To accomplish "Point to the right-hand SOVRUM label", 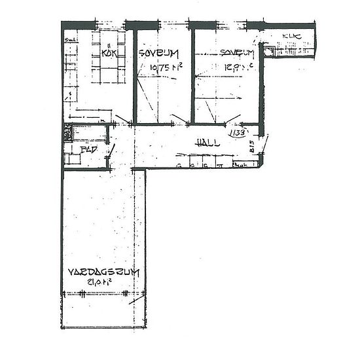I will (236, 54).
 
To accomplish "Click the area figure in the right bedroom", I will (235, 66).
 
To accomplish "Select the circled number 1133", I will (236, 133).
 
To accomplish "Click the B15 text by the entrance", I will (252, 149).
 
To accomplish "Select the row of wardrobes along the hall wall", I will (209, 162).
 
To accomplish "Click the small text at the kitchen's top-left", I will (71, 39).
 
